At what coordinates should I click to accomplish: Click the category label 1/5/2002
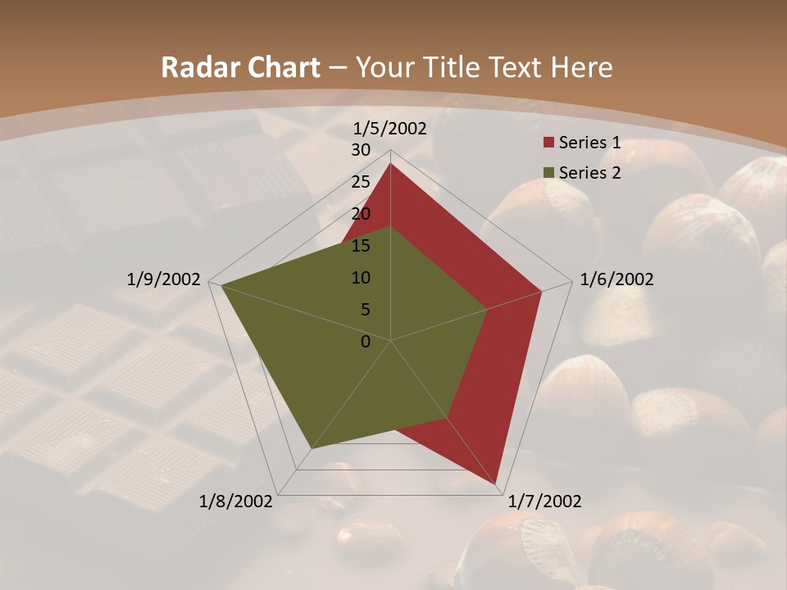coord(389,129)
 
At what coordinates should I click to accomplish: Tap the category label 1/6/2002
coord(616,279)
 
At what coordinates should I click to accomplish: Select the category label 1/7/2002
coord(545,501)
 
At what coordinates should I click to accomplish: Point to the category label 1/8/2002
coord(236,501)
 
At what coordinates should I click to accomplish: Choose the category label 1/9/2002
coord(164,279)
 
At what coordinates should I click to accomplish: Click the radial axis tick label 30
coord(361,150)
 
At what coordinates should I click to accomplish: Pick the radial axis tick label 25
coord(361,182)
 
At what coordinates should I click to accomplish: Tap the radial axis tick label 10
coord(361,278)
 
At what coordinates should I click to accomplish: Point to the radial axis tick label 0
coord(366,342)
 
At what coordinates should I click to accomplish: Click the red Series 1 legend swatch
coord(547,143)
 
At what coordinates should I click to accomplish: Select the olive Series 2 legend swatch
coord(547,173)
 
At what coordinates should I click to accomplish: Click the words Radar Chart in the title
coord(240,68)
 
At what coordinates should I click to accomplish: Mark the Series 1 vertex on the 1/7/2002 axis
coord(498,484)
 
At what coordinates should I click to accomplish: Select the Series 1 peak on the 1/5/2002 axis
coord(390,164)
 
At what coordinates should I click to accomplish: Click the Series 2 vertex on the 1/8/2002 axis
coord(312,448)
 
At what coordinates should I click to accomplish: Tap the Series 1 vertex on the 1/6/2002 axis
coord(542,291)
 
